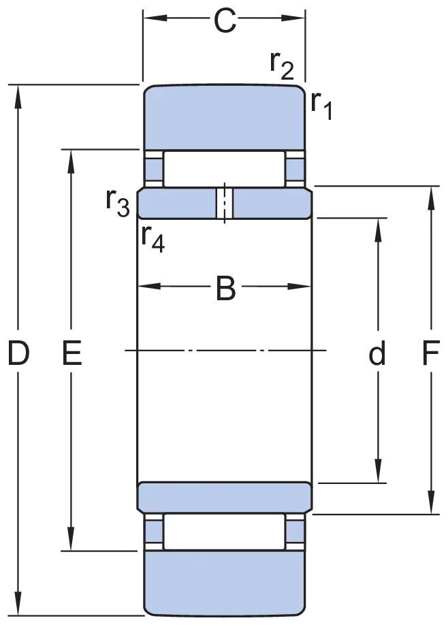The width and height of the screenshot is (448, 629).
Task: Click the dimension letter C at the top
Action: pos(225,21)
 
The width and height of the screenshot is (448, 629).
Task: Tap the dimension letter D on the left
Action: pos(18,353)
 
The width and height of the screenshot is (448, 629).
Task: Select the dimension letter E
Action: pos(72,353)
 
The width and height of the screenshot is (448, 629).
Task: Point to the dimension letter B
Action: pos(226,288)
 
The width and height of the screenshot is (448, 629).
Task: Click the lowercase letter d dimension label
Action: pos(377,353)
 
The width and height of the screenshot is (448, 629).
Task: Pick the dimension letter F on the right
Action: pos(431,353)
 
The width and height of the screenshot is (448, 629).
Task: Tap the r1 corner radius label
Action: pos(321,106)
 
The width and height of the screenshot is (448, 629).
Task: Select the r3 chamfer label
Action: pos(118,203)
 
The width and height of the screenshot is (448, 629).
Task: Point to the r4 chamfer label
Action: pos(153,239)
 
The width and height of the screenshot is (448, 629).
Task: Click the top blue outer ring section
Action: pos(224,117)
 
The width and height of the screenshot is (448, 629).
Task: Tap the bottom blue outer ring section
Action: pos(224,583)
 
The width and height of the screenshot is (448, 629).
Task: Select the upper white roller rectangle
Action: pos(224,169)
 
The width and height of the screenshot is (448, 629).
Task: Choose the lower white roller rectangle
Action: pos(224,532)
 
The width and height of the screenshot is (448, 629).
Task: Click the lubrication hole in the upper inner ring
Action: pos(225,204)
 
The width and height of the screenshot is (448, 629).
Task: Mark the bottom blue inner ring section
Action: pos(225,498)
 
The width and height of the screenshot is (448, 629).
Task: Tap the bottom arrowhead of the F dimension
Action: pos(431,502)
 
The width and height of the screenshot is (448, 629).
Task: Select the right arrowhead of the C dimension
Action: pos(293,18)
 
